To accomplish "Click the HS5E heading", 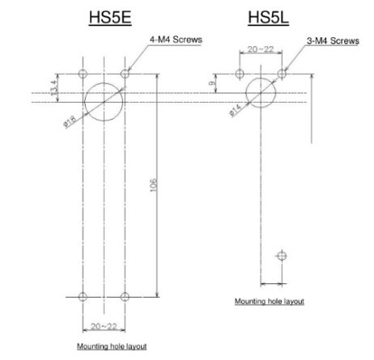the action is [110, 17].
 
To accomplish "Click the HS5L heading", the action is [269, 17].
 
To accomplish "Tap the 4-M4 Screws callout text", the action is [176, 40].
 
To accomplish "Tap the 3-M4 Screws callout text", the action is [333, 40].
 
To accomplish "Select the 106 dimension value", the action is [153, 185].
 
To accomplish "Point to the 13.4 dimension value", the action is [54, 87].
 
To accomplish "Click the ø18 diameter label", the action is [70, 121].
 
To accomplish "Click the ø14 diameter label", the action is [236, 110].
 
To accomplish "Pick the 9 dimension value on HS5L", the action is [213, 83].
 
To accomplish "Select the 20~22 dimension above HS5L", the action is [261, 49].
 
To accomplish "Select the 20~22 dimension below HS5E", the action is [104, 326].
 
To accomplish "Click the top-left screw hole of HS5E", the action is [83, 74].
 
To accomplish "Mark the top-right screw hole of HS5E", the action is [125, 74].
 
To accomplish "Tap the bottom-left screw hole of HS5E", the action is [83, 297].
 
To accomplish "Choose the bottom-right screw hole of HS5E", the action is [125, 297].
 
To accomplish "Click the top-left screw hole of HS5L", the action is [240, 74].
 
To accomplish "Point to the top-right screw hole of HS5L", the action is [282, 74].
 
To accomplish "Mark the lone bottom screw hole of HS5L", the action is [282, 256].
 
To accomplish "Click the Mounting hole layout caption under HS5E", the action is [112, 346].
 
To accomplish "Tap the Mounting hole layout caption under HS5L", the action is [270, 301].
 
